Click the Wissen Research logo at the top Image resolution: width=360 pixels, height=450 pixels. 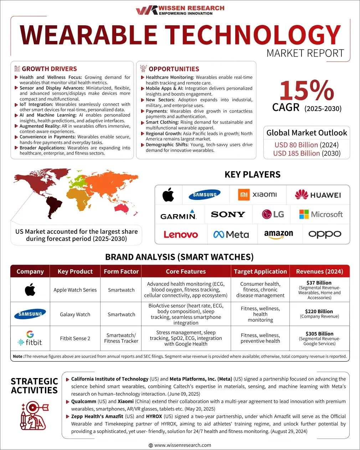[180, 10]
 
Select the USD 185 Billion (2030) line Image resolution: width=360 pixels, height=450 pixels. [307, 154]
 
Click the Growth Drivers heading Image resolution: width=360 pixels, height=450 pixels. [49, 69]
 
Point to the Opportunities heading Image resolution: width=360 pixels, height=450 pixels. [174, 69]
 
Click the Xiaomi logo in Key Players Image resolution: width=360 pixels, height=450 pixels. [257, 195]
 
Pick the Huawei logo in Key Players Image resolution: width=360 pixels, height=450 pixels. [318, 195]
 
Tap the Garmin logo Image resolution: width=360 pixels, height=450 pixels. [179, 215]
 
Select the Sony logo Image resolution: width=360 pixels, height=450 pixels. [228, 214]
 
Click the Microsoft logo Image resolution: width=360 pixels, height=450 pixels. [321, 214]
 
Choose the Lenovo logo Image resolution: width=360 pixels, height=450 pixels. [181, 234]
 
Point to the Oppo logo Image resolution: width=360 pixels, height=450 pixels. [325, 234]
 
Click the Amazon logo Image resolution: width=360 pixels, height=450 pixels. [278, 234]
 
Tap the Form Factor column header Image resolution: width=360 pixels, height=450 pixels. [121, 271]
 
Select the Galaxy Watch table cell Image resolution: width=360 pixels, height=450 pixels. [75, 315]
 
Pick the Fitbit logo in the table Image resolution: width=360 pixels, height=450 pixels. [30, 338]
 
